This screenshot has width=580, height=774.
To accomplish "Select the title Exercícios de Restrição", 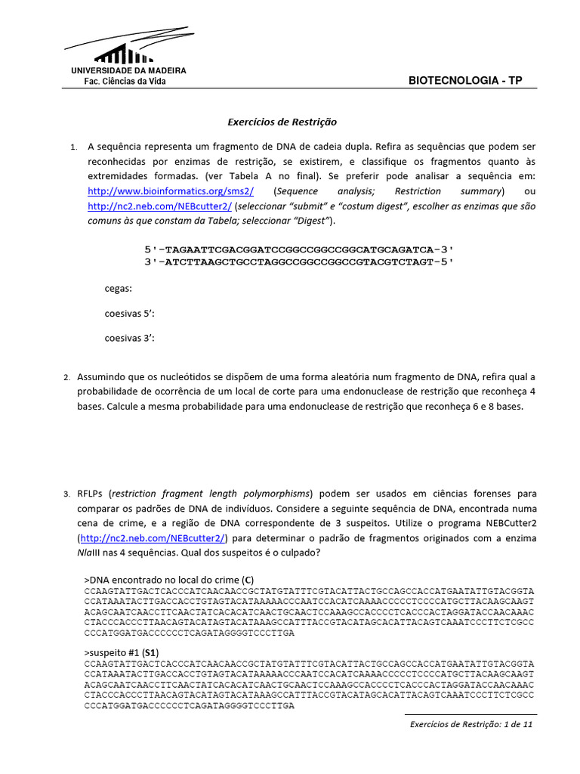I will pos(282,122).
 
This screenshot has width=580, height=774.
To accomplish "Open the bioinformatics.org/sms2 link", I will pos(171,191).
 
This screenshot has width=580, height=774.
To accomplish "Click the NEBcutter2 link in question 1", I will pos(159,206).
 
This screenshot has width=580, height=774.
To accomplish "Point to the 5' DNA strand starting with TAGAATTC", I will pos(301,249).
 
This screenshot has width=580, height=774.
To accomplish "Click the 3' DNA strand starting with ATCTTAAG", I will pos(301,262).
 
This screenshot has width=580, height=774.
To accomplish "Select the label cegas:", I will pos(119,289).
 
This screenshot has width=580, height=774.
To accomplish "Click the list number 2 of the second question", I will pos(66,377).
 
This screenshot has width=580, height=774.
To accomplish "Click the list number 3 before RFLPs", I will pos(66,494).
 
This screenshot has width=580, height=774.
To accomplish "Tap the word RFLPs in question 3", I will pos(90,494).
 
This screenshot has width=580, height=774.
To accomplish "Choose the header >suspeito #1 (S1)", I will pos(121,652).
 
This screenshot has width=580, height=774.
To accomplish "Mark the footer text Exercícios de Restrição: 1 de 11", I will pos(471,723).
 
